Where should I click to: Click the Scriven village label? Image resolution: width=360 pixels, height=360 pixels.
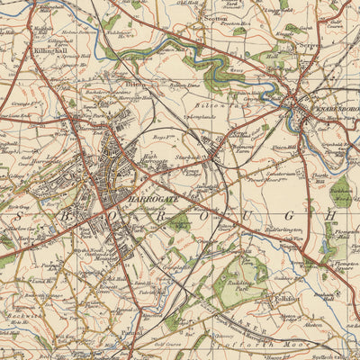pyautogui.click(x=310, y=43)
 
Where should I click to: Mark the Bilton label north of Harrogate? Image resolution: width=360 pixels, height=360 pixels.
pyautogui.click(x=134, y=83)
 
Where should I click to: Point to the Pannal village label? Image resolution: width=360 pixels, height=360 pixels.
pyautogui.click(x=132, y=331)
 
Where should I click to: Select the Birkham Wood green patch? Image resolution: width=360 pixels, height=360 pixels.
pyautogui.click(x=341, y=191)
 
